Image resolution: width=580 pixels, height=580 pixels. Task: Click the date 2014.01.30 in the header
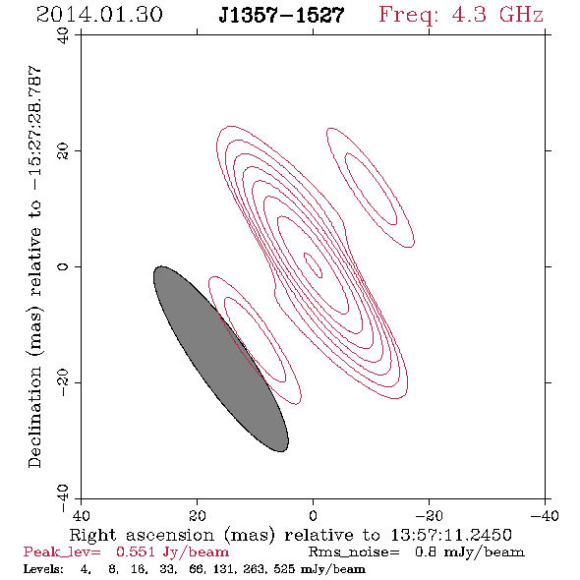point(99,15)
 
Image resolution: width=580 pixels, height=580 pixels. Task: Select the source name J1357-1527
point(281,15)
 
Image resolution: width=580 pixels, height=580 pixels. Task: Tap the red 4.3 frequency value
point(469,15)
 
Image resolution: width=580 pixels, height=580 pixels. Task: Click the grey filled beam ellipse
point(221,359)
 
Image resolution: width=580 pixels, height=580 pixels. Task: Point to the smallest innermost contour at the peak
point(313,265)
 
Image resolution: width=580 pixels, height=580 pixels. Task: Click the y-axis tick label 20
point(63,151)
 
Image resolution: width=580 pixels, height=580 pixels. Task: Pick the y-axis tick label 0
point(63,266)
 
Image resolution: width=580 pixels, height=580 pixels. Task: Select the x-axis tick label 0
point(313,515)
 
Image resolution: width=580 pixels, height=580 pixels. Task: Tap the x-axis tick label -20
point(429,515)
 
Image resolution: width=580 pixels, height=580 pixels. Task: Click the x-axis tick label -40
point(545,515)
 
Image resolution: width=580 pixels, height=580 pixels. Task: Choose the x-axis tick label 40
point(81,515)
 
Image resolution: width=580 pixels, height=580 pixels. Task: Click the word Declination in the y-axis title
point(34,417)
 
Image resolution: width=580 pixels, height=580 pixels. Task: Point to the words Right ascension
point(142,535)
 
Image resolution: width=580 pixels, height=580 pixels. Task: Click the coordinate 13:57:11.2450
point(451,535)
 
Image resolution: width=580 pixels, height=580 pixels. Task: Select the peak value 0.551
point(136,551)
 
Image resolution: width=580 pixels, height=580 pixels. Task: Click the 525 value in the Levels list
point(287,568)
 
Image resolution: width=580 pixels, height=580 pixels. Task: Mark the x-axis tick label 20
point(198,515)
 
